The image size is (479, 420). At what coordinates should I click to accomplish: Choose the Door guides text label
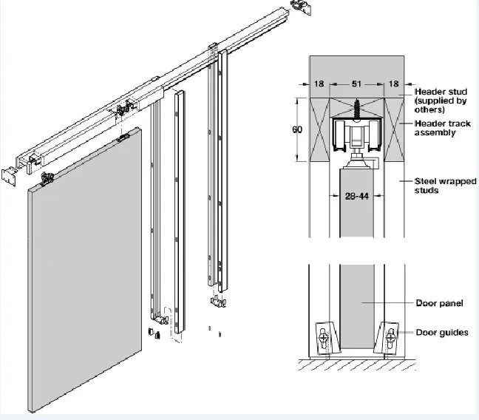pos(442,332)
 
